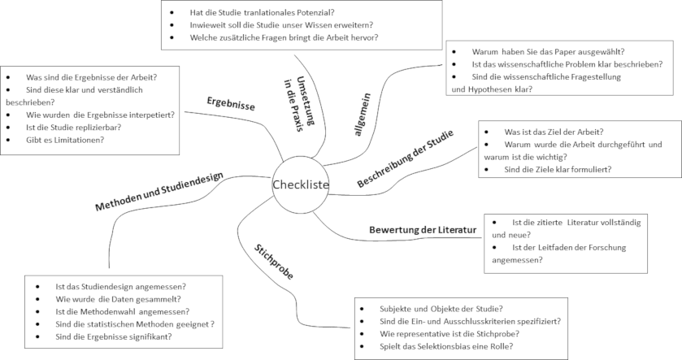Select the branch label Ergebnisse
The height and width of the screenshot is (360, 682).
coord(231,103)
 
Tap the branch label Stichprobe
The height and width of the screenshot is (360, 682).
coord(274,262)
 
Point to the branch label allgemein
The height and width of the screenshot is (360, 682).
coord(362,115)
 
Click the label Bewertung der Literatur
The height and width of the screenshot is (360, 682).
coord(423,229)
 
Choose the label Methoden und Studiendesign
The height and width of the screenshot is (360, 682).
coord(159,191)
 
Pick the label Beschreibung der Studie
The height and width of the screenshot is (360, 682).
coord(406,158)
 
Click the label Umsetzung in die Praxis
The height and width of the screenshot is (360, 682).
coord(299,104)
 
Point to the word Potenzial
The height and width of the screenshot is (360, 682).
coord(313,13)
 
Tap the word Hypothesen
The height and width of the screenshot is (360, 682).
coord(486,89)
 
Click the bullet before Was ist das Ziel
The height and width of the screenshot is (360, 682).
coord(486,132)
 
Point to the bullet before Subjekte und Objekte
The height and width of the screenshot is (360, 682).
coord(362,309)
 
